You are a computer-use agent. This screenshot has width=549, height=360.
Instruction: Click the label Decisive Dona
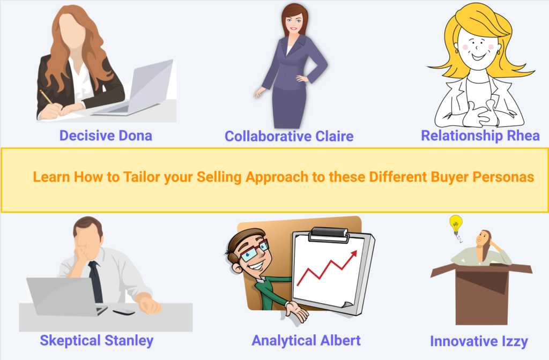[106, 136]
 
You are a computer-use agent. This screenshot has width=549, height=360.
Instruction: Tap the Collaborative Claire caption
[289, 137]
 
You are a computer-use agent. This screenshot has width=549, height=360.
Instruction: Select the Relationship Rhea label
[480, 136]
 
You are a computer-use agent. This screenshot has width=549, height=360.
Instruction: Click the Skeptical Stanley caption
[97, 341]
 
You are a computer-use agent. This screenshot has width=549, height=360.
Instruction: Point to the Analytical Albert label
[306, 340]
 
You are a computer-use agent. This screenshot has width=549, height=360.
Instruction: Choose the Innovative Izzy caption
[479, 341]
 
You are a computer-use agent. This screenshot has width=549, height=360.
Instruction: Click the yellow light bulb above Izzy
[456, 225]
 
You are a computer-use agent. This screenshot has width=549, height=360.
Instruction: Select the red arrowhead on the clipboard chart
[354, 254]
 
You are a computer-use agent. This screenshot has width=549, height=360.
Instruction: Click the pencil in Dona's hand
[46, 97]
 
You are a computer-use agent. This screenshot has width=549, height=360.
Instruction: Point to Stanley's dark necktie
[95, 281]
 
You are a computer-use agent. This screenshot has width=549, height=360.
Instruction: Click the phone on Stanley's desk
[124, 312]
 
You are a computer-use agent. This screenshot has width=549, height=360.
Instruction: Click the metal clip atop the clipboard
[329, 235]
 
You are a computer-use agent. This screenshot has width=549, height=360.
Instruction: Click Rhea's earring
[498, 52]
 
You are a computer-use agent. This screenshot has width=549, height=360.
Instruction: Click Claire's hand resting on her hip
[302, 78]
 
